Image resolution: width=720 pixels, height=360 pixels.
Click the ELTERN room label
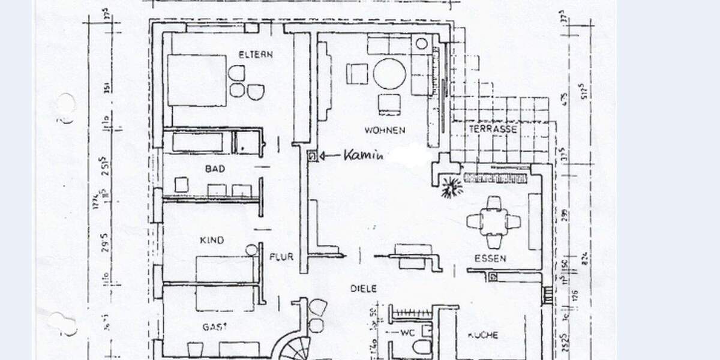(256, 55)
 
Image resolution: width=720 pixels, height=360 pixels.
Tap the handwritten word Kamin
(362, 156)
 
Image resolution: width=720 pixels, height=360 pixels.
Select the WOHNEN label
(384, 130)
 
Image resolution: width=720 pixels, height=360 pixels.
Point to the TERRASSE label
(493, 129)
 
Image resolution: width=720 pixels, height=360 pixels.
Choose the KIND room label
(211, 241)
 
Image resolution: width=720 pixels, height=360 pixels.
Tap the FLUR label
(281, 257)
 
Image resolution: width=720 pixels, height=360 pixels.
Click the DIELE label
(364, 289)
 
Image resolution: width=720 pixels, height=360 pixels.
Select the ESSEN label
(490, 259)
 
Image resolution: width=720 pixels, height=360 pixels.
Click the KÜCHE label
(482, 335)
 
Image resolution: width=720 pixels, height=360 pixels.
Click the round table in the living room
(389, 74)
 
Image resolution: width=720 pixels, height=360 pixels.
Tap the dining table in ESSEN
(494, 222)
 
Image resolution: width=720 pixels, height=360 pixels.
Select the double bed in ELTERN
(196, 80)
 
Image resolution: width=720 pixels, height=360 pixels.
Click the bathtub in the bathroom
(197, 142)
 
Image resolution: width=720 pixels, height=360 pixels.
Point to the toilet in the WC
(421, 346)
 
